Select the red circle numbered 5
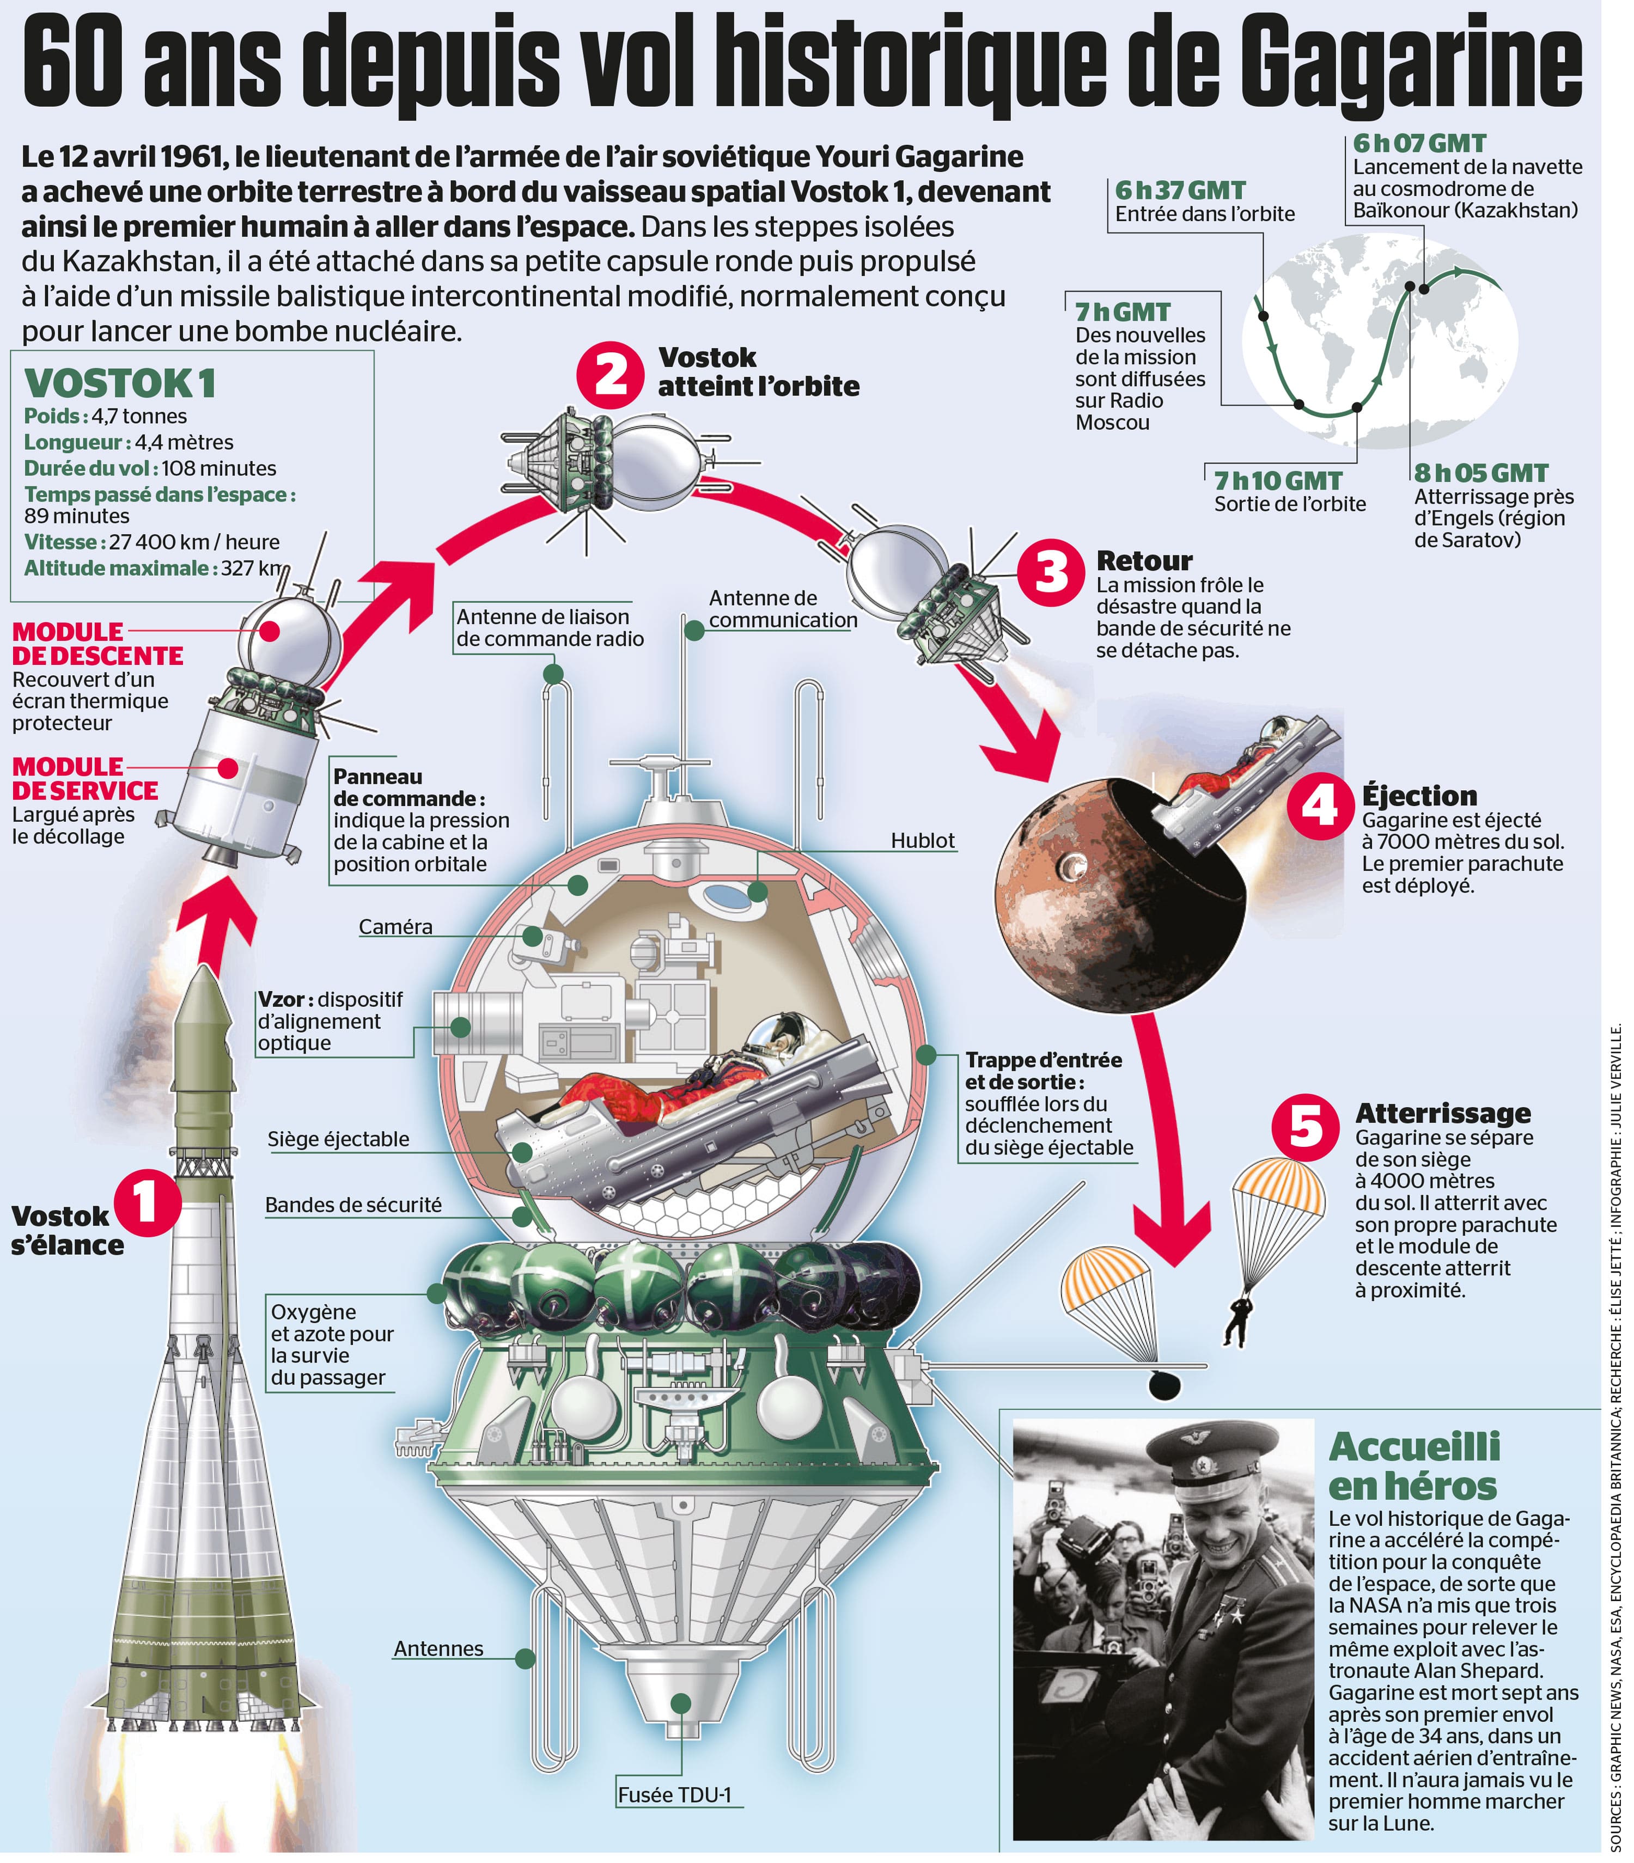pyautogui.click(x=1305, y=1127)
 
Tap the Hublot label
pyautogui.click(x=923, y=840)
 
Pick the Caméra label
pyautogui.click(x=396, y=927)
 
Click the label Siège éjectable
pyautogui.click(x=338, y=1139)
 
